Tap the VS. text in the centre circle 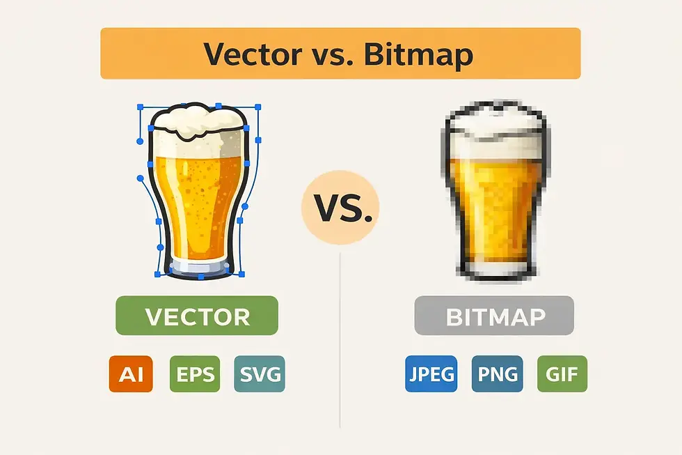click(x=340, y=210)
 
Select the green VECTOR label click(x=197, y=316)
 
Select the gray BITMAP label click(x=495, y=317)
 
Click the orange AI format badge click(x=131, y=374)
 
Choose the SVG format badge click(x=260, y=374)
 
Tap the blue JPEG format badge click(x=431, y=374)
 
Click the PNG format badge click(x=498, y=374)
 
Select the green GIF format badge click(x=562, y=374)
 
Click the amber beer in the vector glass click(x=198, y=202)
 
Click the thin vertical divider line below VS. click(x=340, y=348)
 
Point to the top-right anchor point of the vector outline click(x=258, y=107)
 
